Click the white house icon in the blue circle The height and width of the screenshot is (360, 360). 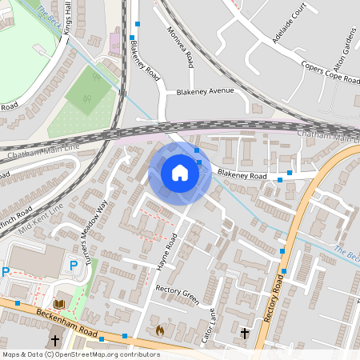pyautogui.click(x=180, y=172)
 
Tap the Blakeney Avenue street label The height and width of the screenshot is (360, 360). pyautogui.click(x=206, y=91)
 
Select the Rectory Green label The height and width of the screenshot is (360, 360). pyautogui.click(x=176, y=294)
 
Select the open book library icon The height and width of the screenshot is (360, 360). pyautogui.click(x=59, y=304)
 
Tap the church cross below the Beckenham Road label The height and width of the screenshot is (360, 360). pyautogui.click(x=55, y=341)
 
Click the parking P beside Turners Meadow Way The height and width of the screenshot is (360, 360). pyautogui.click(x=74, y=266)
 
